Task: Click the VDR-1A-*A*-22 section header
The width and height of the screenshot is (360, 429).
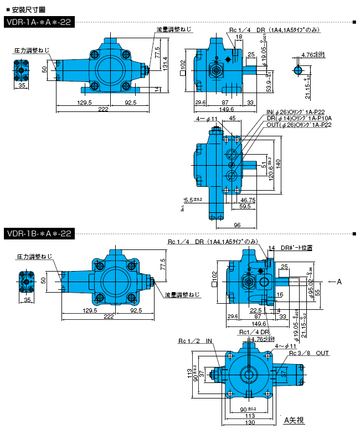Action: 38,23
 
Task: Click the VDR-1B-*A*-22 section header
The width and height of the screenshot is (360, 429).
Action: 38,234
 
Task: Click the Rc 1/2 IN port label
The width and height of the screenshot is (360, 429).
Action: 195,340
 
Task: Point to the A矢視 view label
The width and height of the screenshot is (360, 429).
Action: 294,420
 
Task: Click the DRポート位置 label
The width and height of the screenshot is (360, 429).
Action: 296,247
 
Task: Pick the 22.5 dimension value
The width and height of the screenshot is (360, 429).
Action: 255,310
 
